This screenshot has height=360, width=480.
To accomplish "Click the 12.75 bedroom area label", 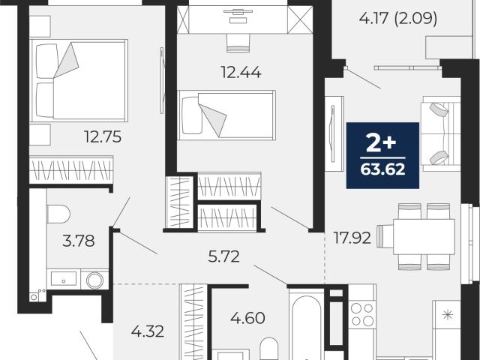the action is [x=103, y=136].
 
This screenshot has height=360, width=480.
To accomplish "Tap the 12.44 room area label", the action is [x=241, y=73].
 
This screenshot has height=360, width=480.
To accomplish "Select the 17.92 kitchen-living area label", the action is [x=352, y=238].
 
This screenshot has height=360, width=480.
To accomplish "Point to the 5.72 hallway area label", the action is [x=223, y=256].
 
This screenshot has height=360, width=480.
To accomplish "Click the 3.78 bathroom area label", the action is [x=78, y=241].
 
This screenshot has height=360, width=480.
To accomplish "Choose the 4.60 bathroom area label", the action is [x=247, y=318].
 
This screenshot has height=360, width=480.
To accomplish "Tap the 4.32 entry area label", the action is [x=148, y=331].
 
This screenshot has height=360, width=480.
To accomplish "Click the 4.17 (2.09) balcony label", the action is [x=398, y=18].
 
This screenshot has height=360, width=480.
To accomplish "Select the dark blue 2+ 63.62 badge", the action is [x=382, y=155].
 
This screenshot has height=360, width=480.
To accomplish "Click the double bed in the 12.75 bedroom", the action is [x=79, y=80].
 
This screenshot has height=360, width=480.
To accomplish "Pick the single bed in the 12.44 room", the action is [x=226, y=115].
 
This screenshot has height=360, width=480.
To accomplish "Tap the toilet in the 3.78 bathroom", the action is [x=58, y=214].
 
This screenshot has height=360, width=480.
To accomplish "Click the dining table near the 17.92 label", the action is [x=424, y=237].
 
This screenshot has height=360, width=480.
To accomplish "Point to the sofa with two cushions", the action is [x=440, y=133].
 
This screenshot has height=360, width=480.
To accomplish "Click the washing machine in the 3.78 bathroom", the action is [x=94, y=280].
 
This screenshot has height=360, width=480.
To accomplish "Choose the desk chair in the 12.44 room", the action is [x=238, y=43].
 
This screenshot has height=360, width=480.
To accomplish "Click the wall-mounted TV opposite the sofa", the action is [x=333, y=133].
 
